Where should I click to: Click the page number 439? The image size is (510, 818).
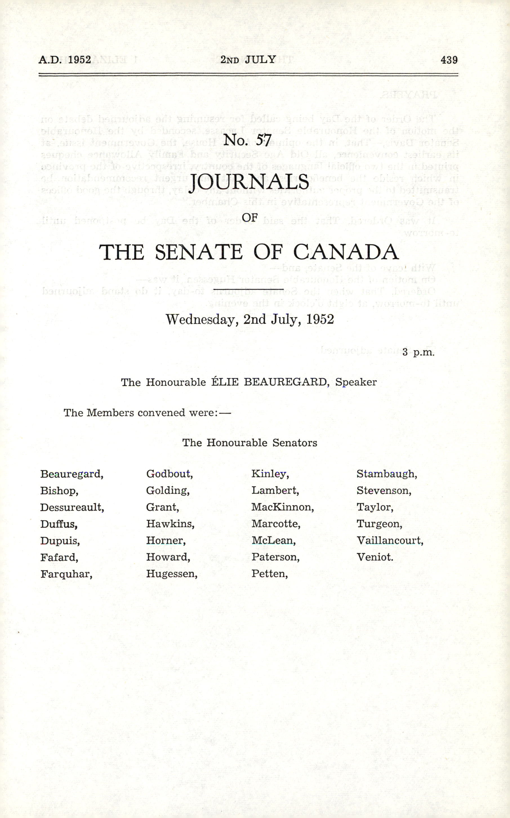(x=449, y=60)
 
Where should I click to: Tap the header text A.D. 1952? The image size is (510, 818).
(x=65, y=60)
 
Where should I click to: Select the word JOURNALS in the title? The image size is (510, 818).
(x=249, y=182)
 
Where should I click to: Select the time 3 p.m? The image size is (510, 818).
(x=418, y=352)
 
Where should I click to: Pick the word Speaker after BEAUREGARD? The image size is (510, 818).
(x=356, y=382)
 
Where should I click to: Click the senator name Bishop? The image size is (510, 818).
(x=59, y=491)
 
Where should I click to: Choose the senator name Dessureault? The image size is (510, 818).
(x=72, y=507)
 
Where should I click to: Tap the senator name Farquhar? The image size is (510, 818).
(x=66, y=574)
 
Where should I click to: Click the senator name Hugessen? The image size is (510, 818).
(x=171, y=574)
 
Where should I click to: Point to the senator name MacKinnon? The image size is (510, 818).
(x=282, y=507)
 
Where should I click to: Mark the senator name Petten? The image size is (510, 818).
(x=269, y=574)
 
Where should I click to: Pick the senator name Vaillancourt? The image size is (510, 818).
(x=389, y=541)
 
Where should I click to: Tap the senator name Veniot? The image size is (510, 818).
(x=375, y=557)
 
